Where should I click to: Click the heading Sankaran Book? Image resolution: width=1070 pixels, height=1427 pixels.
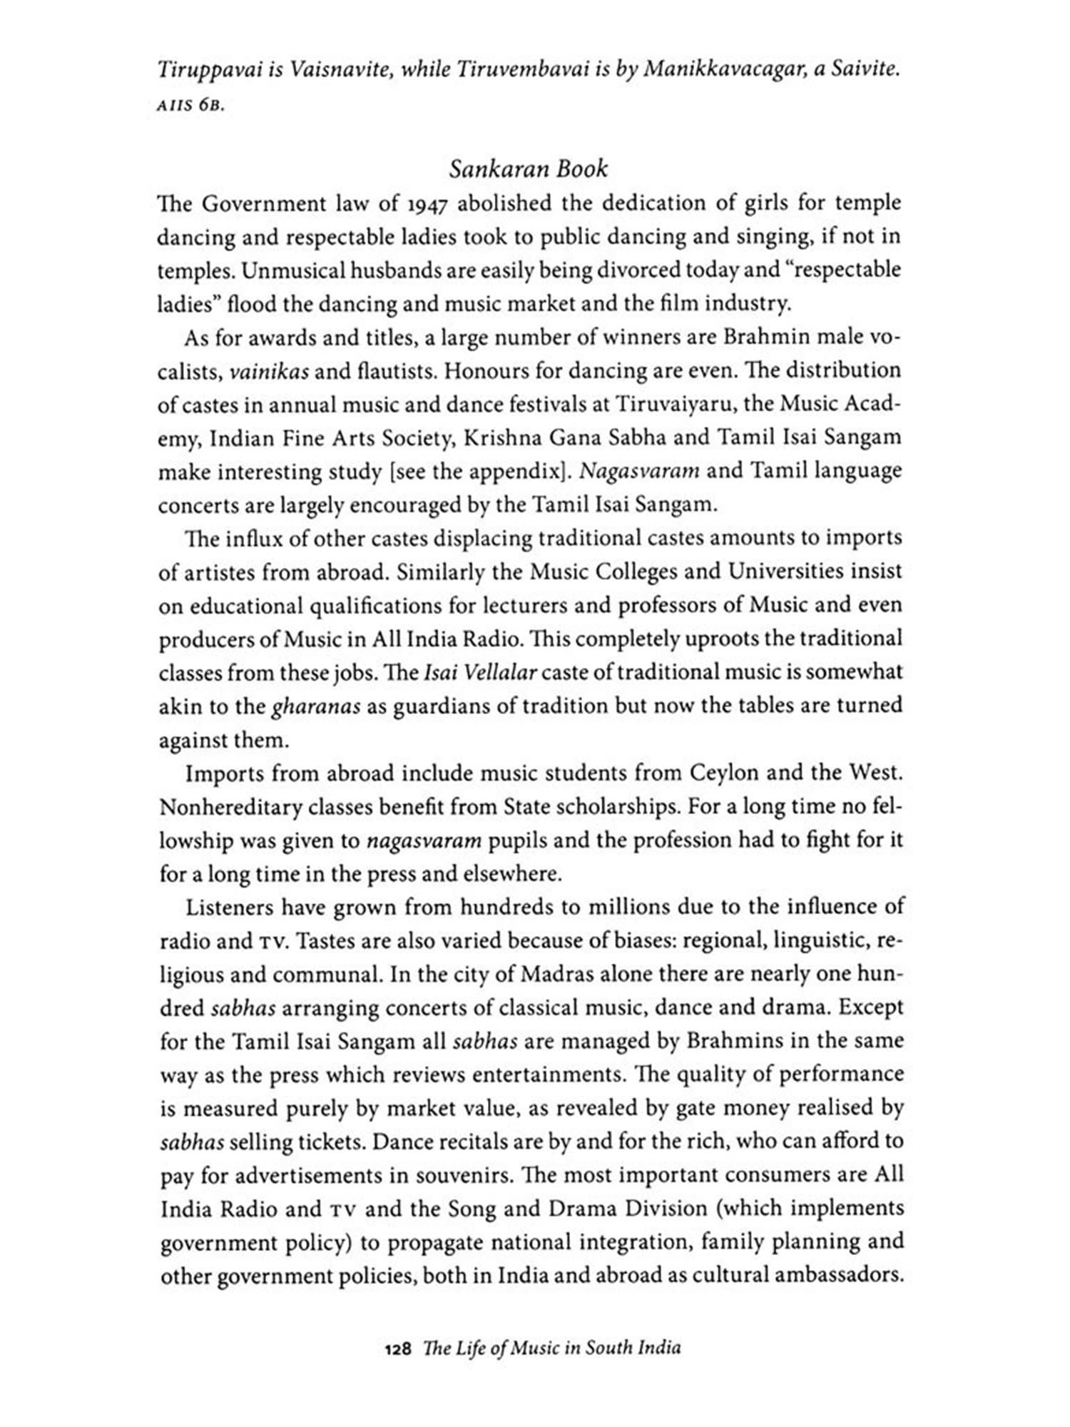528,169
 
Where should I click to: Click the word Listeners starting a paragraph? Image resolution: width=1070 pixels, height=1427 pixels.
230,908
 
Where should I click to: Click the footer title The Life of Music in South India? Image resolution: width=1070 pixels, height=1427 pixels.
551,1349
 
